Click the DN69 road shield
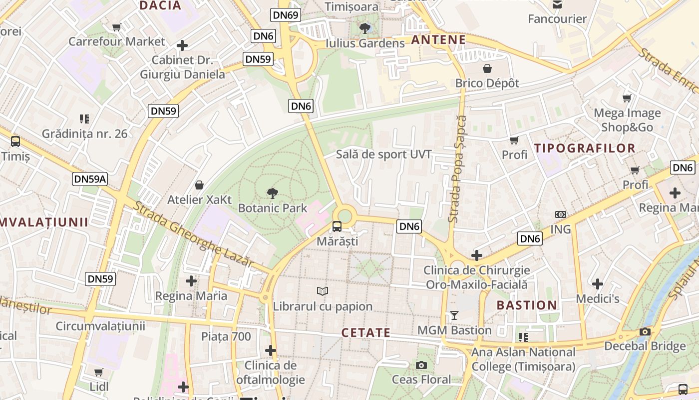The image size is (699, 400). click(x=286, y=15)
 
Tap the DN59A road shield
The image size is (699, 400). click(x=90, y=179)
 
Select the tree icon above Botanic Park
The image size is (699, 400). click(x=273, y=193)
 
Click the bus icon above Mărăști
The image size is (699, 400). click(x=337, y=226)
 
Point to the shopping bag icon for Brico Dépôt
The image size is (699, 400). click(x=487, y=68)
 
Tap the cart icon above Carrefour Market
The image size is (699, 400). click(x=117, y=27)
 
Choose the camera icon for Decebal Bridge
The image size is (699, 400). click(x=645, y=331)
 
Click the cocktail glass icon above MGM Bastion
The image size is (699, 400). click(x=454, y=315)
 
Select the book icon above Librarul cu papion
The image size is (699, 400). click(x=323, y=291)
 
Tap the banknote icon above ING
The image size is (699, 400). click(x=561, y=214)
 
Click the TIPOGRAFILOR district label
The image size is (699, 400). click(x=585, y=148)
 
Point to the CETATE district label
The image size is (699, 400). click(x=366, y=332)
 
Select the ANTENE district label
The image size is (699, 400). click(x=438, y=40)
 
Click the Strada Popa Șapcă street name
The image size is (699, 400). click(x=456, y=169)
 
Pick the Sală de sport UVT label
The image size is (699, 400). click(x=383, y=154)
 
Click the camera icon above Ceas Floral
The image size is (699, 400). click(x=421, y=365)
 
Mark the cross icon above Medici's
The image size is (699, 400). click(x=598, y=284)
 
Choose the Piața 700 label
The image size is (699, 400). click(x=226, y=336)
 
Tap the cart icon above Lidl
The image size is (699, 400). click(x=99, y=372)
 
